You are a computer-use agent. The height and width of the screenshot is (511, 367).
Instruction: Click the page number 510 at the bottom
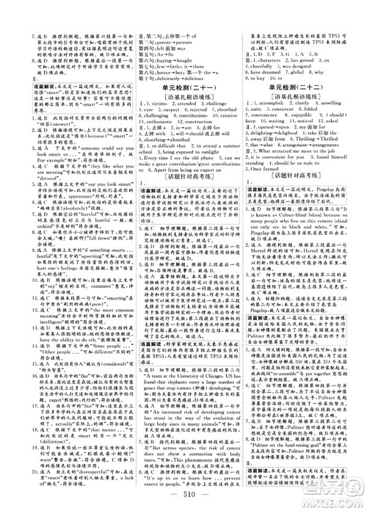pos(183,491)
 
